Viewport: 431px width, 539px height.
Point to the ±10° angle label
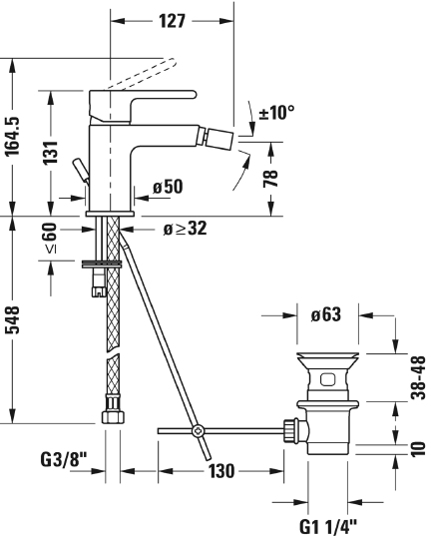click(276, 113)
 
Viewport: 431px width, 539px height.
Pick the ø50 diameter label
click(166, 186)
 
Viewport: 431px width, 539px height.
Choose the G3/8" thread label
click(64, 461)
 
